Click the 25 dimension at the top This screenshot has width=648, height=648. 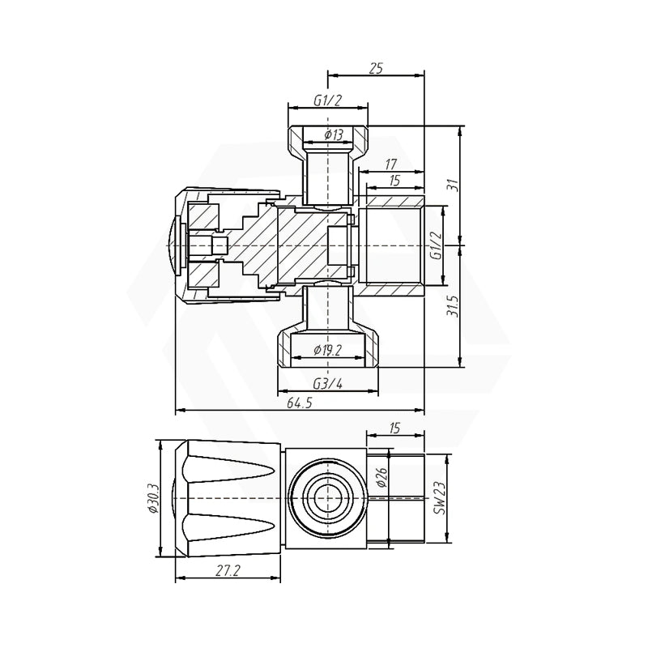point(376,70)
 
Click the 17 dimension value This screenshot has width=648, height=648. point(390,163)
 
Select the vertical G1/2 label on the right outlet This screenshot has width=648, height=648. point(435,245)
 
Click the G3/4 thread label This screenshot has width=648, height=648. point(327,385)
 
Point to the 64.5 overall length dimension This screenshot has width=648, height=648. point(299,403)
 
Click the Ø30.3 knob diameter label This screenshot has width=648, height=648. point(151,501)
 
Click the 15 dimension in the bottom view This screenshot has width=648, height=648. point(394,428)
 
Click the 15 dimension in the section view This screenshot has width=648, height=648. point(394,182)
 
